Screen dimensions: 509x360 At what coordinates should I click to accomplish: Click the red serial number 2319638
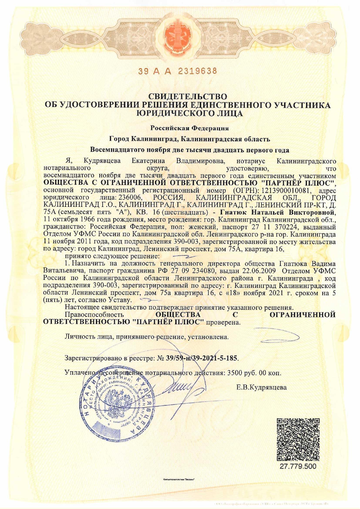coord(197,71)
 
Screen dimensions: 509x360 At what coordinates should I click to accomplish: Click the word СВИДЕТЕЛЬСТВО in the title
coord(188,96)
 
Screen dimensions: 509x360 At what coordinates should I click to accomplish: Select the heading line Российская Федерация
coord(190,128)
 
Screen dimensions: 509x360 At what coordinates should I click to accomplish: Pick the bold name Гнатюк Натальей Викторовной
coord(278,213)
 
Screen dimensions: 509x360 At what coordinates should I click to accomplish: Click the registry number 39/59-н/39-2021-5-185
coord(201,358)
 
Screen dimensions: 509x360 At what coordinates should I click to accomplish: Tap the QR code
coord(298,439)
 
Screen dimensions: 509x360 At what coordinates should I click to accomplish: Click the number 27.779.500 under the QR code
coord(298,466)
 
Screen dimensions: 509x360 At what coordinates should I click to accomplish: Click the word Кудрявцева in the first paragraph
coord(102,161)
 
